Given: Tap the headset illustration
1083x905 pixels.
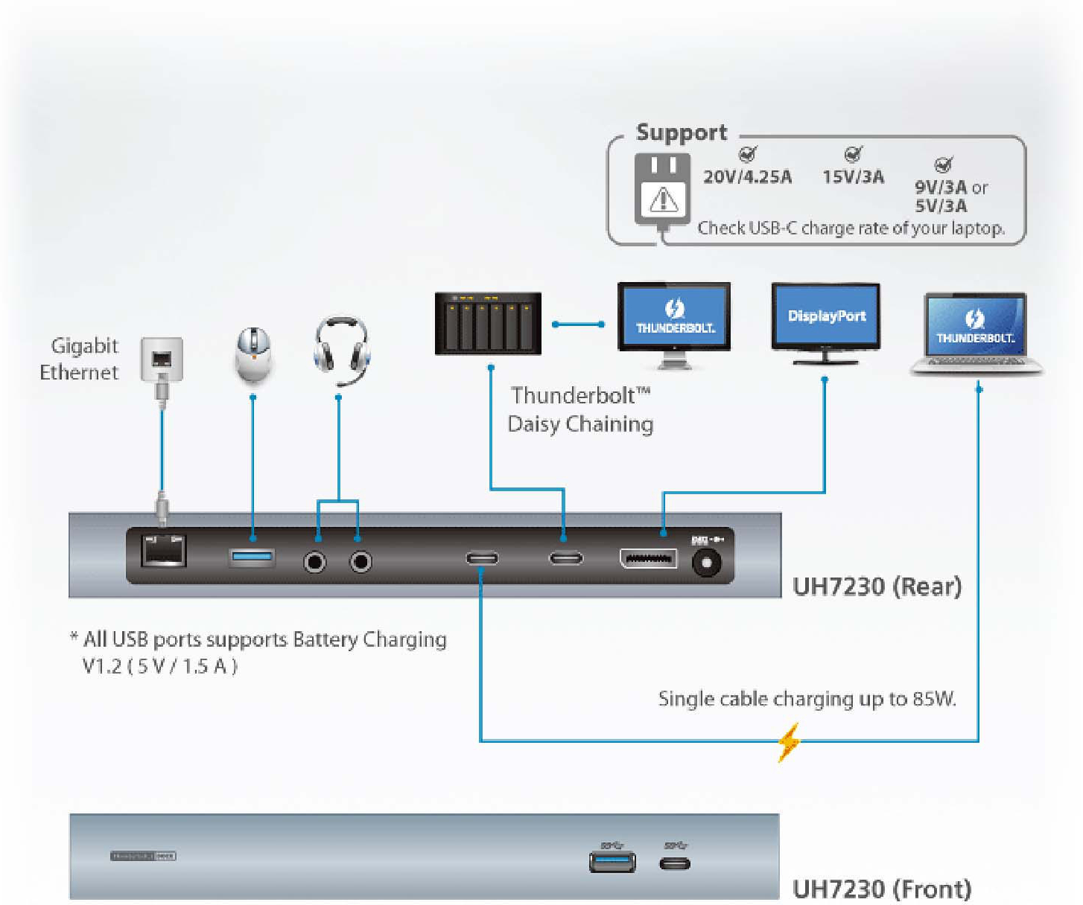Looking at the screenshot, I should pyautogui.click(x=341, y=348).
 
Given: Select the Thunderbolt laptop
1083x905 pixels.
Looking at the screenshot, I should pyautogui.click(x=976, y=333).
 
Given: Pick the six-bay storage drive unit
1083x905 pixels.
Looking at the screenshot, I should pyautogui.click(x=488, y=324).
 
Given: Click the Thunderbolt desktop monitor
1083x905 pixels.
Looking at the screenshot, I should pyautogui.click(x=674, y=320).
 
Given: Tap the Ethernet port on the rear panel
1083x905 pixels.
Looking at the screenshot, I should pyautogui.click(x=163, y=551).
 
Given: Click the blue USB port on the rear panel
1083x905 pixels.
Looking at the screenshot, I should pyautogui.click(x=252, y=556).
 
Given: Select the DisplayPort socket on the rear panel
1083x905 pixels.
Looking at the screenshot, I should pyautogui.click(x=648, y=558).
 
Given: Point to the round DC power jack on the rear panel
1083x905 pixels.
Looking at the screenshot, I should pyautogui.click(x=705, y=562).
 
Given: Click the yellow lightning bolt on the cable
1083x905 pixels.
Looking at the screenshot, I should pyautogui.click(x=788, y=741).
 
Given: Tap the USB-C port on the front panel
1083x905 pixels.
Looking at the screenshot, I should pyautogui.click(x=675, y=863).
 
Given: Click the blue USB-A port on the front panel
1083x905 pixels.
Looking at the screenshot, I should pyautogui.click(x=612, y=862).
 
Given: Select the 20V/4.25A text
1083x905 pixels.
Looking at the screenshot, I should pyautogui.click(x=747, y=177).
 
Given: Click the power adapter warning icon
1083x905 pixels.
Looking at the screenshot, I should pyautogui.click(x=663, y=199).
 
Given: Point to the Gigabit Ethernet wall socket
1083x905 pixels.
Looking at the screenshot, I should pyautogui.click(x=162, y=359).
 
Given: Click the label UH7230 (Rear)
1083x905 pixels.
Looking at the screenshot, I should pyautogui.click(x=877, y=586).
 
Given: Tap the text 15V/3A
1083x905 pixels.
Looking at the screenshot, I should pyautogui.click(x=853, y=177).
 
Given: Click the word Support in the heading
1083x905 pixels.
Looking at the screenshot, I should pyautogui.click(x=681, y=132).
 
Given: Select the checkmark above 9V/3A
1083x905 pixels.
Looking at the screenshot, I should pyautogui.click(x=943, y=164).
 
